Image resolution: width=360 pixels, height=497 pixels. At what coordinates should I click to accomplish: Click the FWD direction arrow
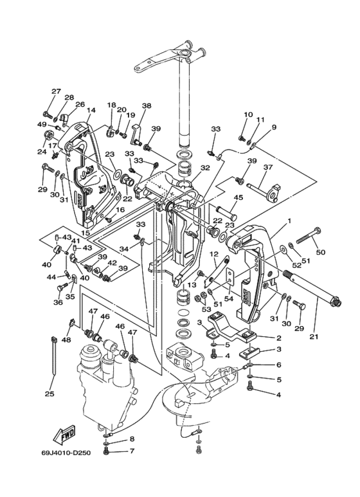click(x=64, y=434)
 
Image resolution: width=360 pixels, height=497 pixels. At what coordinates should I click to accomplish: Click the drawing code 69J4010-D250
click(x=66, y=453)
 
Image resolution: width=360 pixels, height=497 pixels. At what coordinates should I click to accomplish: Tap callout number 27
click(x=56, y=91)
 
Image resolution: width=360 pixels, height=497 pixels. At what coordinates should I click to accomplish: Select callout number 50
click(x=321, y=252)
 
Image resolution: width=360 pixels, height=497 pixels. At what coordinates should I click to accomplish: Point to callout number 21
click(x=314, y=337)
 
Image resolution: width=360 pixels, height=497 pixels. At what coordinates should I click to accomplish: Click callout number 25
click(x=50, y=394)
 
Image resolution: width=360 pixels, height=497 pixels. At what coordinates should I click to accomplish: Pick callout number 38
click(x=147, y=105)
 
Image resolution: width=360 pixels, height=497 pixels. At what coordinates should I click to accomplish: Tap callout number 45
click(x=239, y=197)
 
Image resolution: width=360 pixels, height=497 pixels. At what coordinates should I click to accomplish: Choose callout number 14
click(x=91, y=111)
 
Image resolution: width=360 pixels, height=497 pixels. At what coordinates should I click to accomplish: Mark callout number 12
click(x=214, y=254)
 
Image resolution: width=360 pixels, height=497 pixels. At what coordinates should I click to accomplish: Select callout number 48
click(x=67, y=340)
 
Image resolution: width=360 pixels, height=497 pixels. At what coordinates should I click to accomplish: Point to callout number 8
click(x=132, y=439)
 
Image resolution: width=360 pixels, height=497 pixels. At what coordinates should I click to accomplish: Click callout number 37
click(x=268, y=167)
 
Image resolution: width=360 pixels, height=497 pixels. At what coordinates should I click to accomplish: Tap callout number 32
click(x=205, y=168)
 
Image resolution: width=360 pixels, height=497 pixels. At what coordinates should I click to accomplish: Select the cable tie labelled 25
click(x=53, y=357)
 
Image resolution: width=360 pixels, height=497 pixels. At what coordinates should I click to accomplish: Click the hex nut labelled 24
click(x=48, y=135)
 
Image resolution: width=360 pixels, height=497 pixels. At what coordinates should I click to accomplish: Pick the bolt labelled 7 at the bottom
click(x=106, y=451)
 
